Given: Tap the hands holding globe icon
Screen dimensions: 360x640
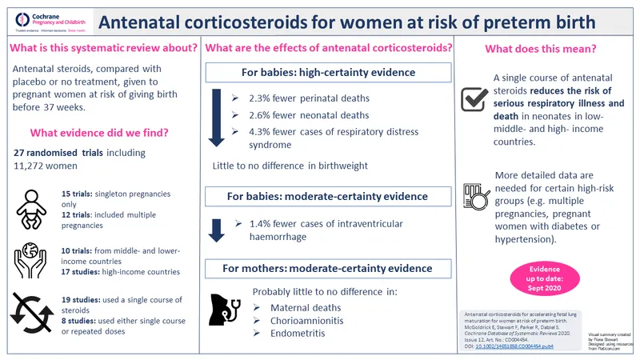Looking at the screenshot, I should pyautogui.click(x=31, y=257).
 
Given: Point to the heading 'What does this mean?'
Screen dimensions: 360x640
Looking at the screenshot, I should pyautogui.click(x=541, y=49).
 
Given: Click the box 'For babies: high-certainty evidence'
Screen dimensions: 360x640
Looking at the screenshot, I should pyautogui.click(x=328, y=73).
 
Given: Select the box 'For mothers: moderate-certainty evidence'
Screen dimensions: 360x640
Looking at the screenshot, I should pyautogui.click(x=328, y=269).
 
